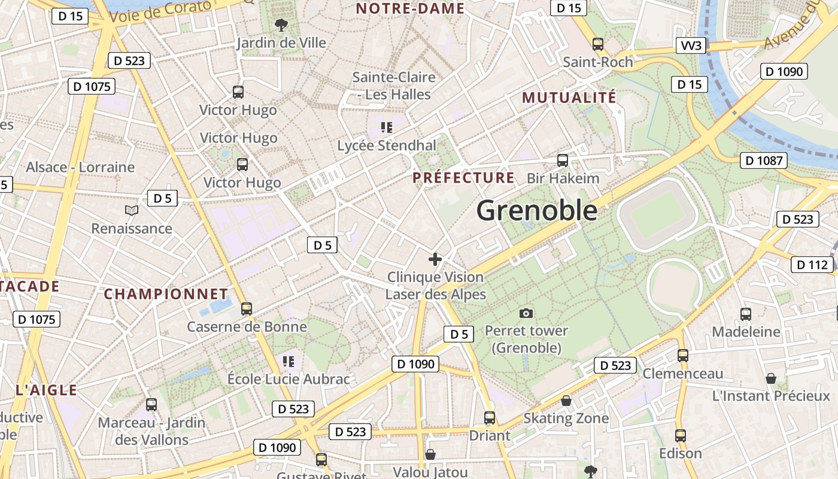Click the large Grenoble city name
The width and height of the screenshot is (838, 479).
(x=537, y=211)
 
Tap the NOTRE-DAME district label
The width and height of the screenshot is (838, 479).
(x=410, y=8)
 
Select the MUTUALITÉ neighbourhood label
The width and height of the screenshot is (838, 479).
(x=569, y=98)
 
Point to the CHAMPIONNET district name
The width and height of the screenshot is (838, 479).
(x=166, y=294)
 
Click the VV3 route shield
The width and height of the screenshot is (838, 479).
(x=691, y=46)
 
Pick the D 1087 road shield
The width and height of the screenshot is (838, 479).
(x=763, y=160)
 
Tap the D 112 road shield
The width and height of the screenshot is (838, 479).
(x=812, y=264)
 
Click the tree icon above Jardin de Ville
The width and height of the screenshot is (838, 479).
(x=280, y=25)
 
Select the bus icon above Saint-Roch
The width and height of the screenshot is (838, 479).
(x=597, y=44)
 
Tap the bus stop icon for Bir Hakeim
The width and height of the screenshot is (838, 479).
(x=563, y=160)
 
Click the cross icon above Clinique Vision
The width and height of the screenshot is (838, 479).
(x=435, y=259)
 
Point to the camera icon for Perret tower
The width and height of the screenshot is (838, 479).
(x=526, y=313)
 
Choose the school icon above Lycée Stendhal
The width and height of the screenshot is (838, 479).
(x=387, y=127)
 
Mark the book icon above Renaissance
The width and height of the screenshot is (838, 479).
(x=132, y=210)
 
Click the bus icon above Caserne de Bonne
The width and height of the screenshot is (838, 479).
(x=246, y=309)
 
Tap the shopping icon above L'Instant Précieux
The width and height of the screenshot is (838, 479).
(x=771, y=378)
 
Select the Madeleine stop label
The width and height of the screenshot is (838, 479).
(x=746, y=332)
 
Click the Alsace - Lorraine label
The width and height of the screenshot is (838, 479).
(x=80, y=167)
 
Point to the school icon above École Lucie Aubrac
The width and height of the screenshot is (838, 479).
(x=289, y=361)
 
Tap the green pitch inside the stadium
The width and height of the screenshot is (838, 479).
(x=658, y=213)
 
